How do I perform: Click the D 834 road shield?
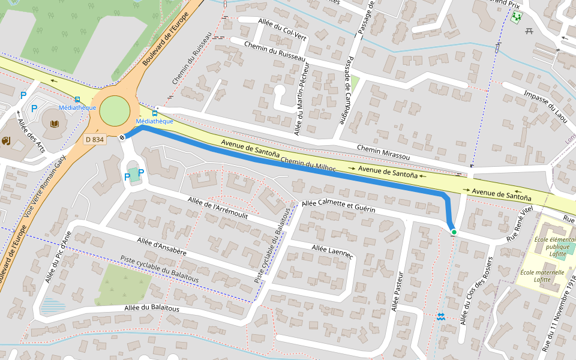[x=95, y=139]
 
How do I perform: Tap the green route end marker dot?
[x=454, y=232]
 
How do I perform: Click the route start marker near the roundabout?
[x=122, y=137]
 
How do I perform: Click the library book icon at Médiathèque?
[x=55, y=124]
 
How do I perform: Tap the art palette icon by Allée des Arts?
[x=6, y=141]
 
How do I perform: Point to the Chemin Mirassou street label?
[x=383, y=153]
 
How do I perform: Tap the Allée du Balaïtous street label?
[x=152, y=308]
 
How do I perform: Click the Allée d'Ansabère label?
[x=161, y=246]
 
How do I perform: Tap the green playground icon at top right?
[x=515, y=17]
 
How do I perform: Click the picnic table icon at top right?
[x=529, y=31]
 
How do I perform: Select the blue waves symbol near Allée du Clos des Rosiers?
[x=441, y=316]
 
